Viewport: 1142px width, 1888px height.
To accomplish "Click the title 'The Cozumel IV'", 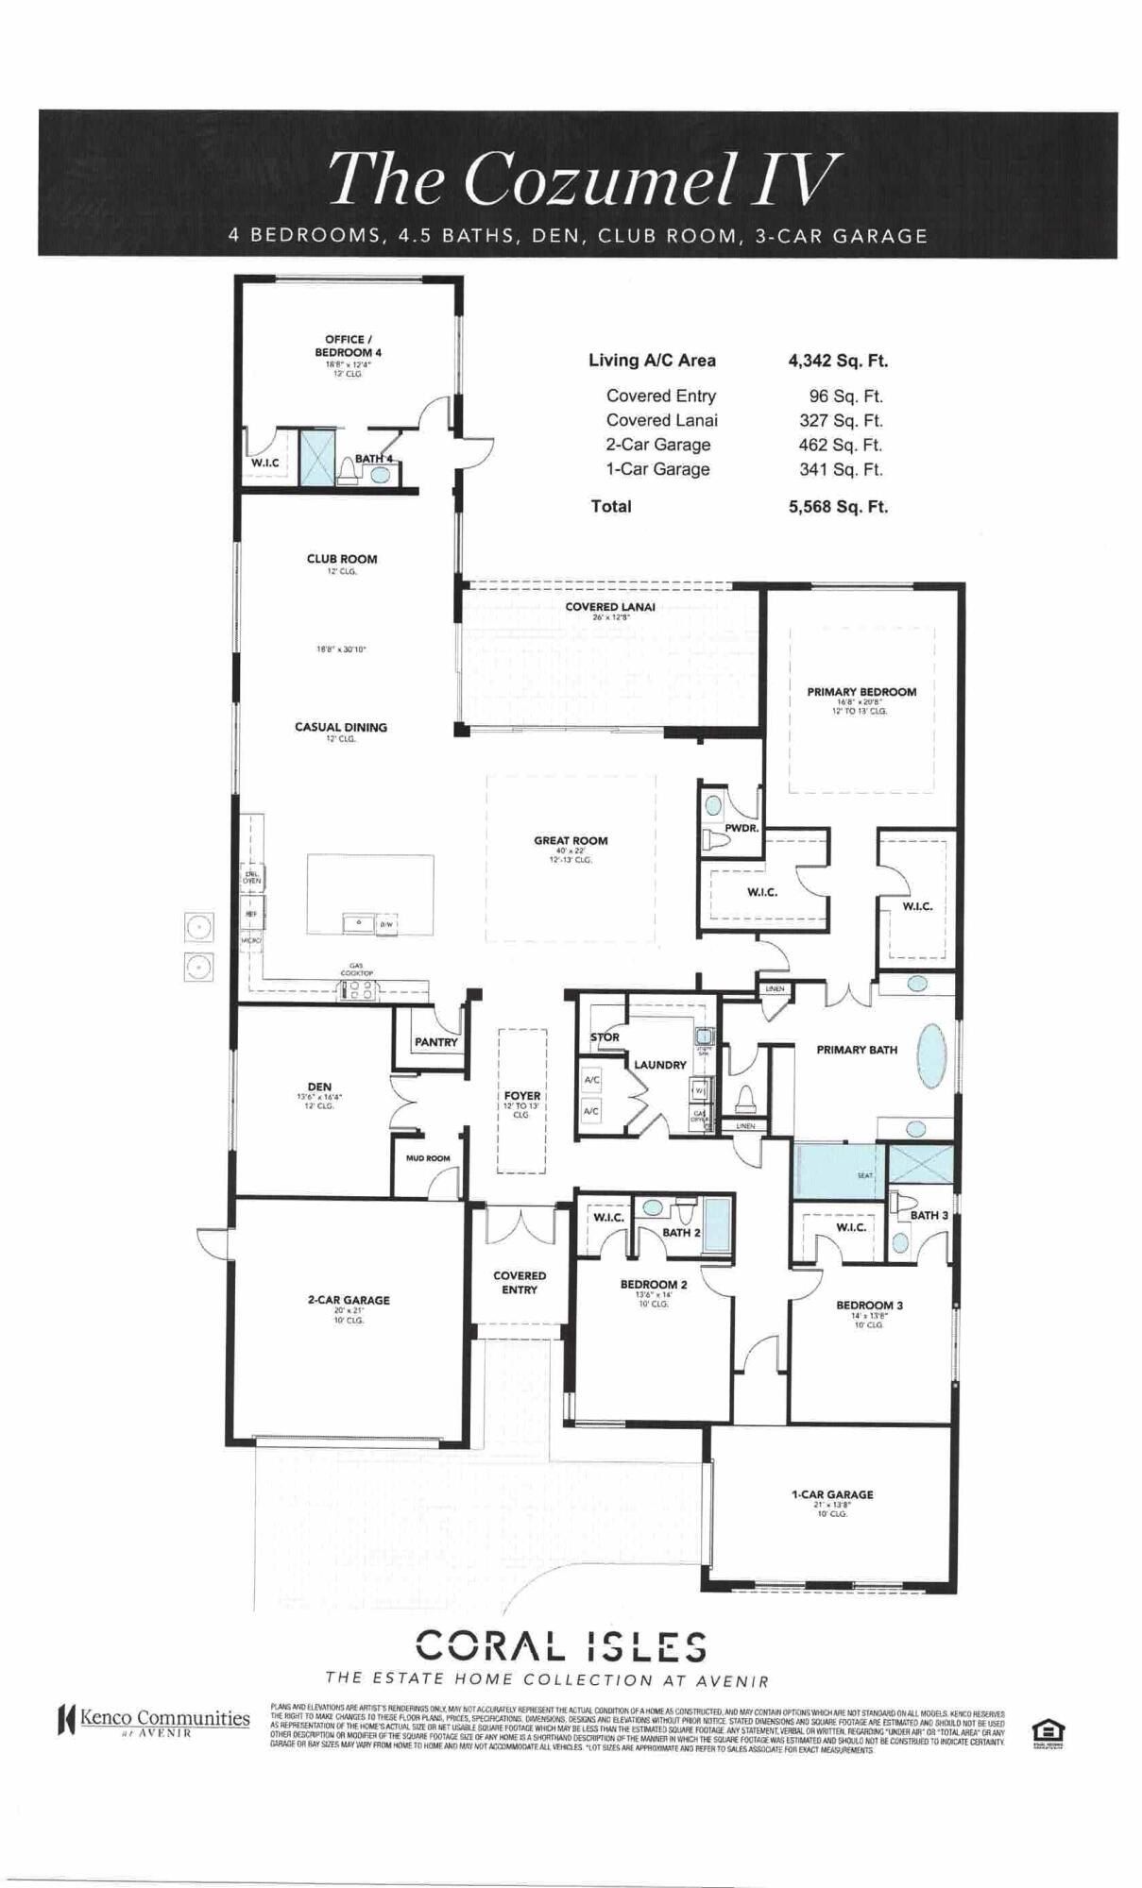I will pos(583,178).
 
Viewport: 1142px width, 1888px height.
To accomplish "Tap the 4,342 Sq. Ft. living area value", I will pos(838,361).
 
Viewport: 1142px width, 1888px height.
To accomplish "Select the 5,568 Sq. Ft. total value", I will pos(838,507).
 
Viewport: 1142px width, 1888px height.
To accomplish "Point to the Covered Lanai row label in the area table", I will pos(661,421).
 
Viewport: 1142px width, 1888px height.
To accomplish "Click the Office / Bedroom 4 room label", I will pos(347,346).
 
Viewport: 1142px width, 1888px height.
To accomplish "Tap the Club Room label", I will pos(341,559).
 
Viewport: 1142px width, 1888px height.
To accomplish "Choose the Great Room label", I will pos(571,840).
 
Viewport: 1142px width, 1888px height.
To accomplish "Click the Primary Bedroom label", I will pos(861,692).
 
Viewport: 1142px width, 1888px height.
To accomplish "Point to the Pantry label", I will pos(435,1042).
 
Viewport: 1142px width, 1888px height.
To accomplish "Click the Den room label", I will pos(319,1087).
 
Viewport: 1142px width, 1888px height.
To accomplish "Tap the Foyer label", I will pos(521,1096).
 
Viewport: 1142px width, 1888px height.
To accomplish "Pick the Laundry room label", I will pos(659,1065).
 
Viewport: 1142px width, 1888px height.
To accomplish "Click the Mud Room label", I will pos(428,1158).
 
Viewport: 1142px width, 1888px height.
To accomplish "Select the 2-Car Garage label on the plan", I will pos(348,1300).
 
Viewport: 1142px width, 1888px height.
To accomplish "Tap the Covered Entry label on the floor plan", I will pos(520,1282).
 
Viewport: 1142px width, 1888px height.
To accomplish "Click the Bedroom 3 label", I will pos(868,1306).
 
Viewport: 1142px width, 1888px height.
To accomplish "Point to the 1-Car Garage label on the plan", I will pos(831,1494).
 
